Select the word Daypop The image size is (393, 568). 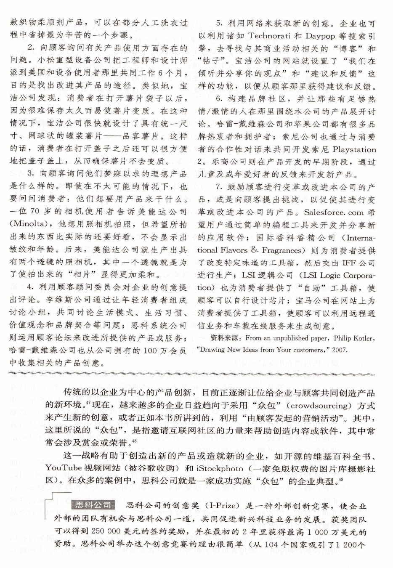click(x=320, y=36)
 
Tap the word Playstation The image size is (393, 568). click(x=354, y=149)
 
